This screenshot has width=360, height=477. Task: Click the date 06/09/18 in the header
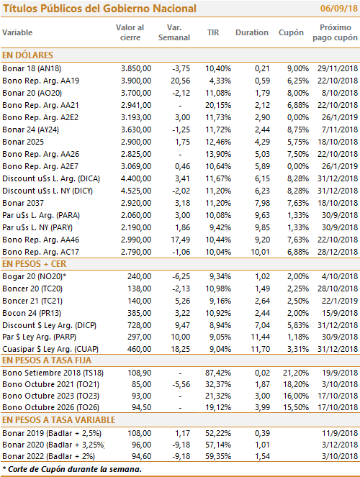click(x=338, y=8)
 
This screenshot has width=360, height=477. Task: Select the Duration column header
click(x=252, y=32)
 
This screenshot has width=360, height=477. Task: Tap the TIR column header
click(x=213, y=32)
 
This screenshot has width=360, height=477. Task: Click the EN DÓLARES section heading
click(x=27, y=55)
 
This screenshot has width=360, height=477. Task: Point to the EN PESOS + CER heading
click(x=35, y=264)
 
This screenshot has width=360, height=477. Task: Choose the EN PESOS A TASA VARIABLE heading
click(x=59, y=420)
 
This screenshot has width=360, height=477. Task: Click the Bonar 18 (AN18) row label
click(x=32, y=68)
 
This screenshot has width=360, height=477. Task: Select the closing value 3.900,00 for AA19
click(x=136, y=81)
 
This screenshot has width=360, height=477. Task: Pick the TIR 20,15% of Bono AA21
click(x=218, y=105)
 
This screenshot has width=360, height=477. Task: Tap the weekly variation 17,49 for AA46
click(x=181, y=240)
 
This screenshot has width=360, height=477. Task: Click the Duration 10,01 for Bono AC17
click(x=260, y=252)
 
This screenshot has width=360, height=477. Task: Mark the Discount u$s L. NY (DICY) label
click(x=48, y=191)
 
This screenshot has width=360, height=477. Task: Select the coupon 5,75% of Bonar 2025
click(x=298, y=142)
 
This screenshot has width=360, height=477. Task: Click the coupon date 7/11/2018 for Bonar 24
click(x=340, y=130)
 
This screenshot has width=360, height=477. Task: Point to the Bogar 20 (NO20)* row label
click(x=35, y=276)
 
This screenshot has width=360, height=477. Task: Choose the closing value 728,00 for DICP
click(x=140, y=325)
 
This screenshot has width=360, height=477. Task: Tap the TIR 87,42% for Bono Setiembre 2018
click(x=218, y=373)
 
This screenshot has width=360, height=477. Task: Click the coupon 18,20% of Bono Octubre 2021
click(x=296, y=384)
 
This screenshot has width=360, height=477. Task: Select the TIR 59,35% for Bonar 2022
click(x=218, y=456)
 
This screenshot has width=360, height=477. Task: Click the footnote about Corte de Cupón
click(x=72, y=469)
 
